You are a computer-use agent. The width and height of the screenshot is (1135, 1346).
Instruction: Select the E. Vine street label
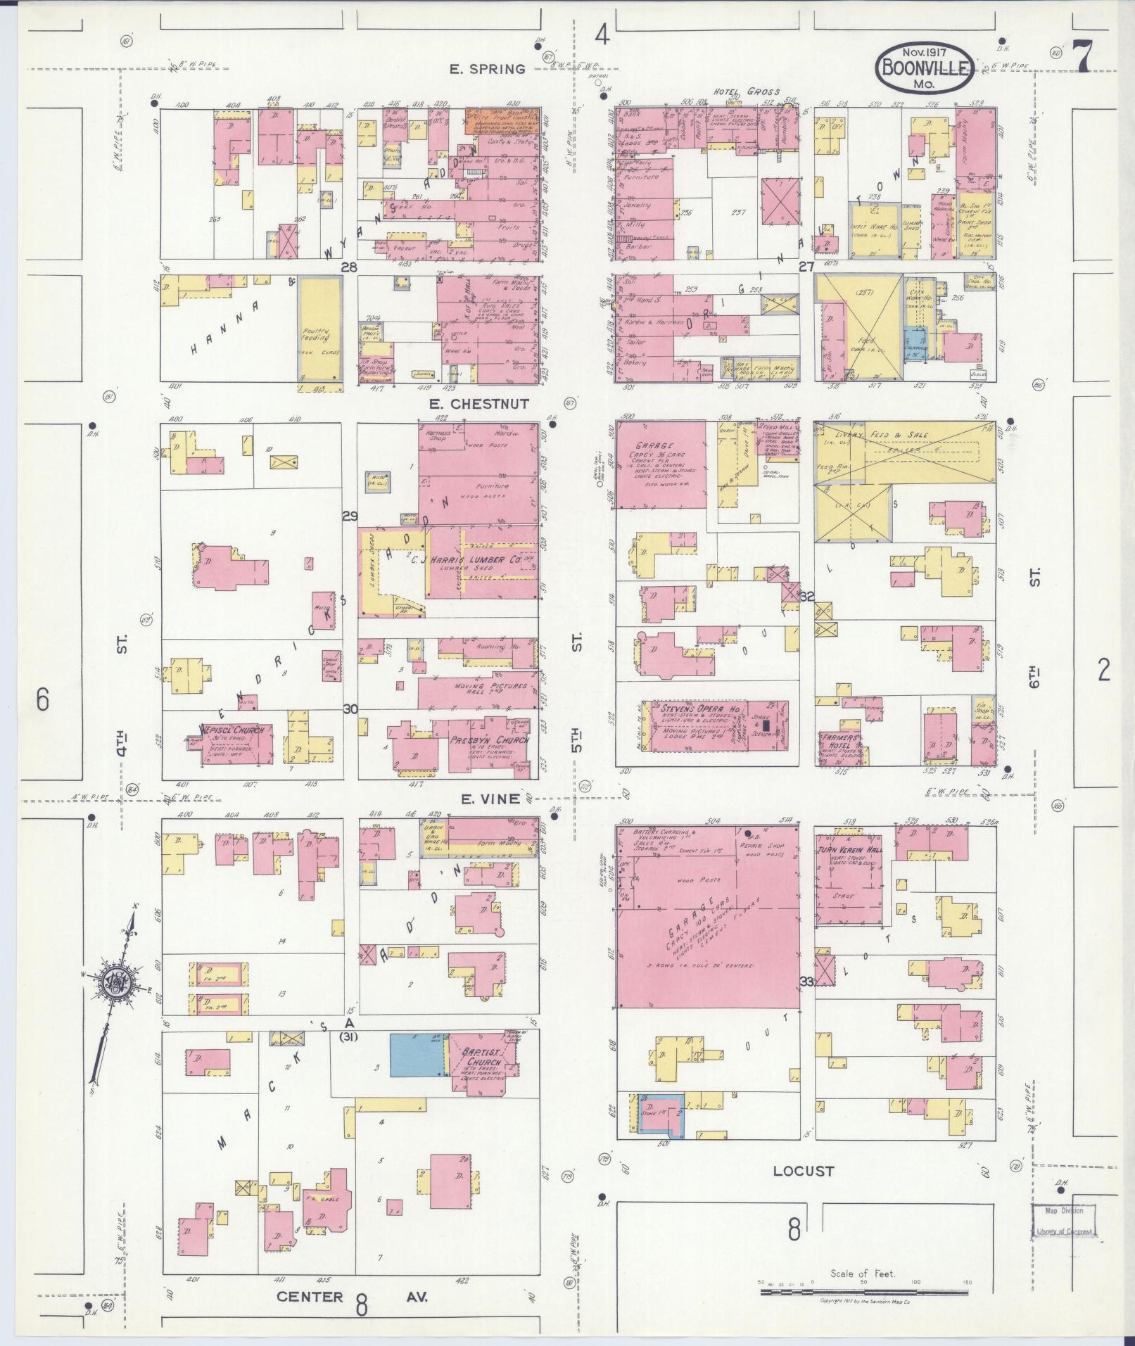490,799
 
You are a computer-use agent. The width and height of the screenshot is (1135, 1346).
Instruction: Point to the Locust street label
803,1171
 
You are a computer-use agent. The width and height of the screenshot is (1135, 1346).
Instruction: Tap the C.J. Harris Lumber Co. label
465,561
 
